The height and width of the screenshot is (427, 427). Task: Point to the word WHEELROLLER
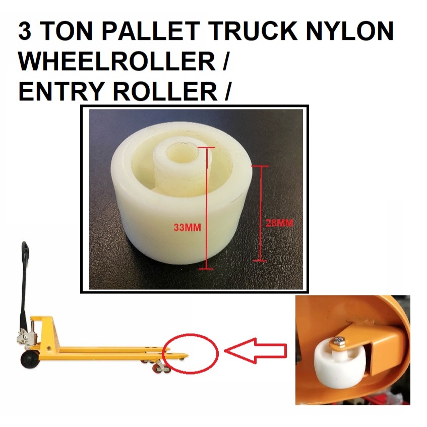(x=118, y=62)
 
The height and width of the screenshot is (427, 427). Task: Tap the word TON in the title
(x=63, y=32)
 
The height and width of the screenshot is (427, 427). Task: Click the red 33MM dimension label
(x=187, y=228)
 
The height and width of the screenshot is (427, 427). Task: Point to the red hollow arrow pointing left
(x=256, y=350)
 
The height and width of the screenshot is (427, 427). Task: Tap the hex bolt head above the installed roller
(x=338, y=342)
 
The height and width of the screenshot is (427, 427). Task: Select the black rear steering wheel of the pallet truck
(x=29, y=359)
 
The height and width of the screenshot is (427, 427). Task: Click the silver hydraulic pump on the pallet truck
(x=31, y=332)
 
